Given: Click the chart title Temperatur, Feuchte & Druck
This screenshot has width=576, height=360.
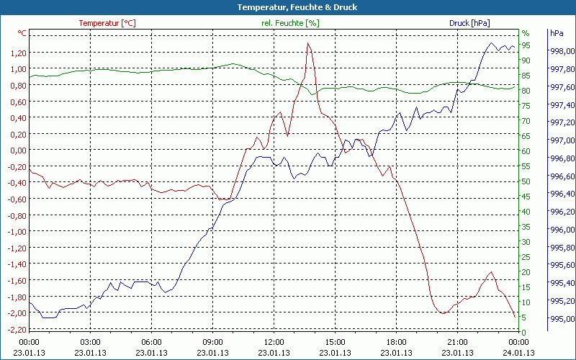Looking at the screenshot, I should [287, 7].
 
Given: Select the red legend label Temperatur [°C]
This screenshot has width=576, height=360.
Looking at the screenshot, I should [107, 23].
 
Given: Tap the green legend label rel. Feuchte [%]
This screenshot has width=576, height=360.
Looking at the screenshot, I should [290, 23].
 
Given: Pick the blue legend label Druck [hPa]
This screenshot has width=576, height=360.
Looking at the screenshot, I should [469, 23].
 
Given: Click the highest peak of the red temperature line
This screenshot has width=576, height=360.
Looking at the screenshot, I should [308, 43].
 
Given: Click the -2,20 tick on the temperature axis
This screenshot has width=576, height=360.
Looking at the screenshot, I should [16, 330].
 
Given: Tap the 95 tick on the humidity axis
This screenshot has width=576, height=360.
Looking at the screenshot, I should [526, 45].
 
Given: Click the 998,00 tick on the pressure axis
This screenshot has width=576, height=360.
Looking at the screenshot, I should [562, 51].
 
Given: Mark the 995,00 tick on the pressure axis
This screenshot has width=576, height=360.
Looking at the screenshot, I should [562, 319].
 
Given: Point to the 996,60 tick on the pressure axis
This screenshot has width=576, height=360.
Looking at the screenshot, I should [562, 176].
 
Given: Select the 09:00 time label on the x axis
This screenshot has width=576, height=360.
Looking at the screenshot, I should [213, 342].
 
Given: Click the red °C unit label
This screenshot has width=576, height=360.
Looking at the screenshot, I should [22, 33].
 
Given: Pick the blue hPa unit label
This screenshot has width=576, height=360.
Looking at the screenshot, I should [557, 33].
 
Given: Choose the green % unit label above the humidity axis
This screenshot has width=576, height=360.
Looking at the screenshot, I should [526, 33].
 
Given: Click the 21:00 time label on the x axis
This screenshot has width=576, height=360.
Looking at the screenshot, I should [459, 342].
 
